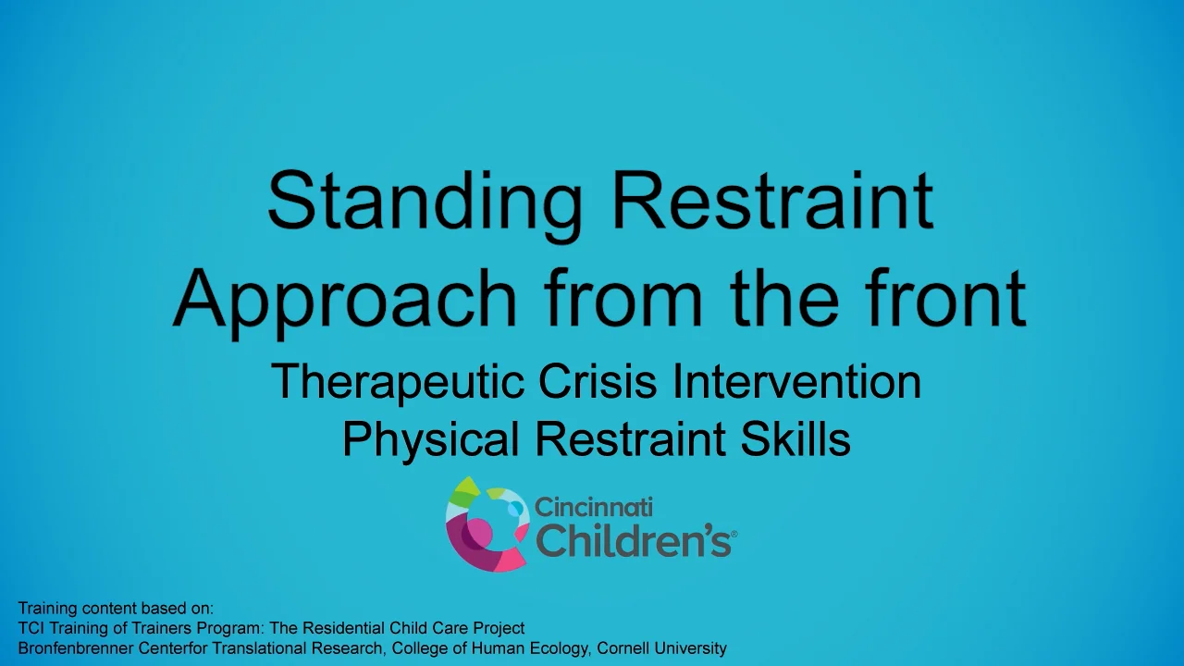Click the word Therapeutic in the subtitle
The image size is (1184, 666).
397,382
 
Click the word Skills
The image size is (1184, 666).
795,439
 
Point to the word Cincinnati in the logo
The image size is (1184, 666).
594,507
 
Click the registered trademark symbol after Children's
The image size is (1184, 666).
734,534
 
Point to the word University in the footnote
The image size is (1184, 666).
692,648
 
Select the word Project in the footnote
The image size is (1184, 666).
500,628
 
